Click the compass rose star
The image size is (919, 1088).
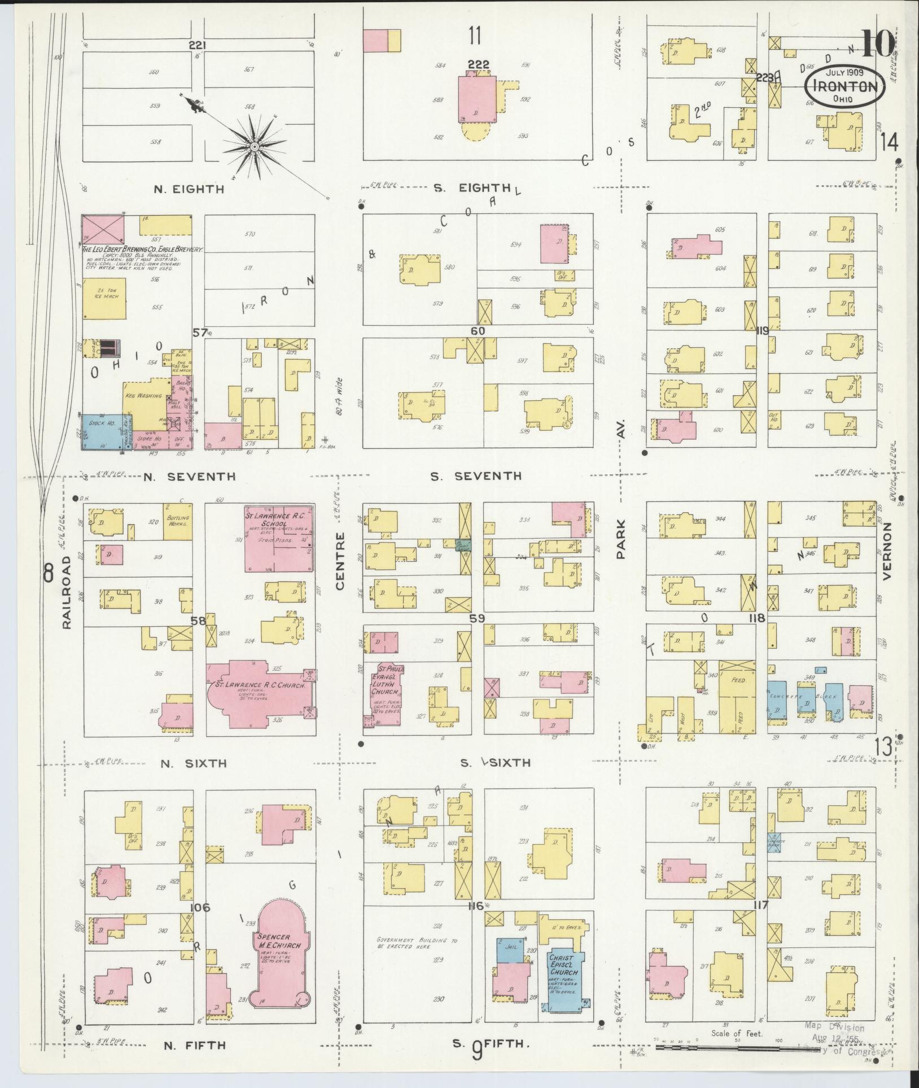(x=254, y=147)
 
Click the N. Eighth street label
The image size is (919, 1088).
(x=189, y=189)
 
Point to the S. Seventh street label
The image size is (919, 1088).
(x=475, y=476)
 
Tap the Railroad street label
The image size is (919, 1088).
(x=67, y=593)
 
